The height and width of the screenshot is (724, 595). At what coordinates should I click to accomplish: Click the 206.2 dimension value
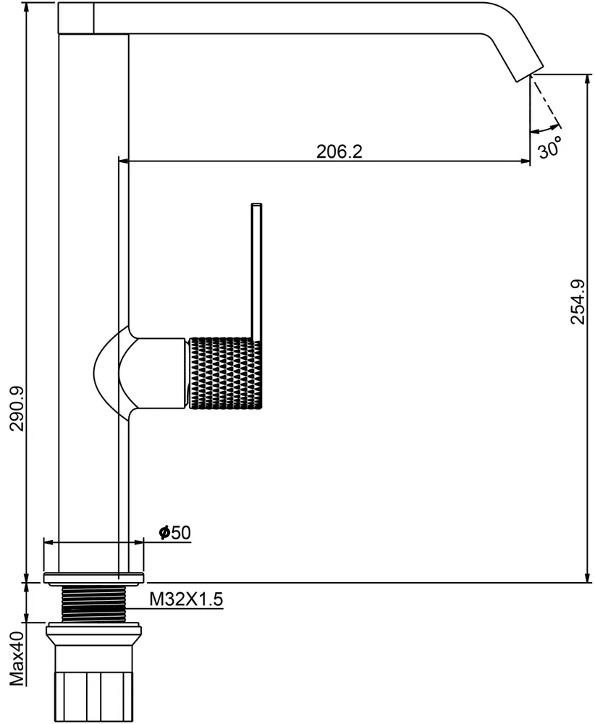[x=339, y=151]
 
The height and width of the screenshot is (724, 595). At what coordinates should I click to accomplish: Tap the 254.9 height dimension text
[x=578, y=302]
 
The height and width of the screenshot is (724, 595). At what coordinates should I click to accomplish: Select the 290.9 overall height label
[x=18, y=408]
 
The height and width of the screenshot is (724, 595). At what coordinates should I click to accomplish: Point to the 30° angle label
[x=551, y=148]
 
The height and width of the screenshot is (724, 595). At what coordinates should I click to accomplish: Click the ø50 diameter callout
[x=174, y=532]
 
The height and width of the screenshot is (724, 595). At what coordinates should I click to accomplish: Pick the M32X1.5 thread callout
[x=186, y=599]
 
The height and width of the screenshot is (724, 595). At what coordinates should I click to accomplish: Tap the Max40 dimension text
[x=17, y=660]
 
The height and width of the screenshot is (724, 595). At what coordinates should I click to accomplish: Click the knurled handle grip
[x=226, y=373]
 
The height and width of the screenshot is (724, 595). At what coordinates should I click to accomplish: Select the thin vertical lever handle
[x=257, y=271]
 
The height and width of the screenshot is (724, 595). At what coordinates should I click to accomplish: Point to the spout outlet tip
[x=528, y=75]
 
